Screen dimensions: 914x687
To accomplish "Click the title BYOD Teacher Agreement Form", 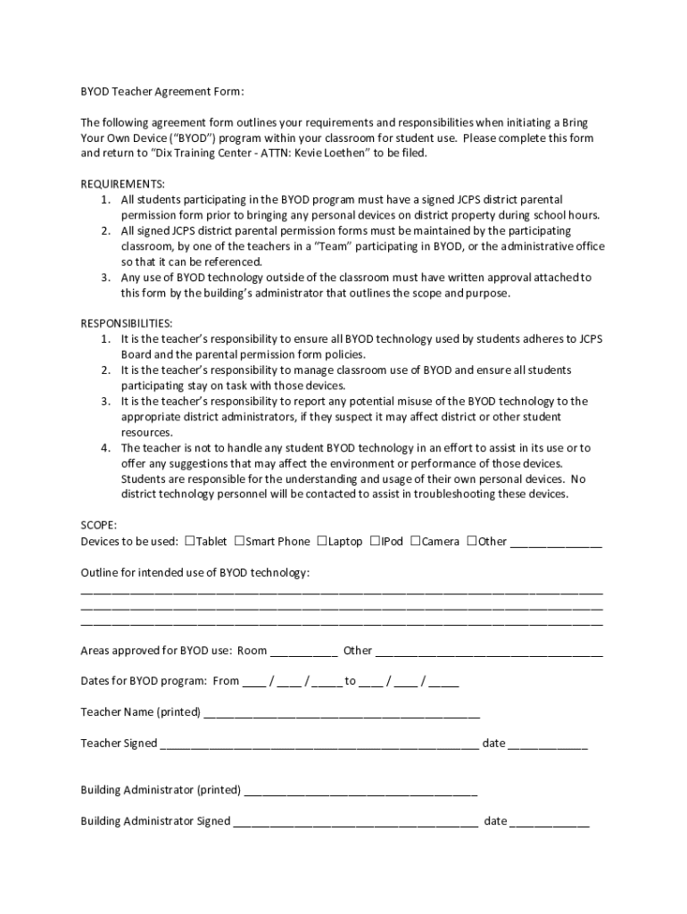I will pos(162,91).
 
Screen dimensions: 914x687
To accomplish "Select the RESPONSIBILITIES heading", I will pos(127,323).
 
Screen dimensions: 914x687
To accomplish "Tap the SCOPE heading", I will pos(98,526).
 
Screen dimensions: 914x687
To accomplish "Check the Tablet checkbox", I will pos(189,541).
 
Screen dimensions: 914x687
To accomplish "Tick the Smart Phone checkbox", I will pos(239,541).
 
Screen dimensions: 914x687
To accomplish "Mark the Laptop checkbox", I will pos(322,541).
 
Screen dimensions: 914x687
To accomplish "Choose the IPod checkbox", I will pos(375,541).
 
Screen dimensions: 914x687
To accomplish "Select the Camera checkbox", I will pos(415,541).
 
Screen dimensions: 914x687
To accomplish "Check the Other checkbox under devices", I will pos(472,541).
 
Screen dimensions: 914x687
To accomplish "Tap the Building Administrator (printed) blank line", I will pos(360,792).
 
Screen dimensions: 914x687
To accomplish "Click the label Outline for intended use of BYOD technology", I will pos(195,572).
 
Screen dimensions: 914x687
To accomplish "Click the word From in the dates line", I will pos(226,681).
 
